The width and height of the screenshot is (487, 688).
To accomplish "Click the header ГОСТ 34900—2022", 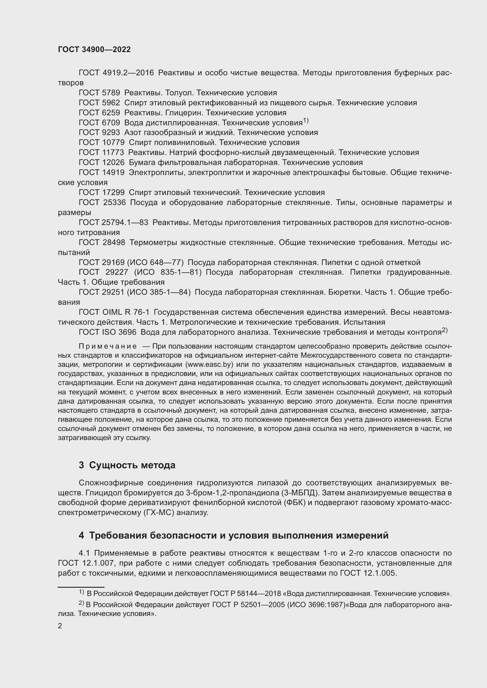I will click(94, 50).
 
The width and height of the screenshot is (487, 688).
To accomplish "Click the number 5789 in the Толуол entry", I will click(111, 93).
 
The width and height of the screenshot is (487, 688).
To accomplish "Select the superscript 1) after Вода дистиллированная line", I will click(306, 121).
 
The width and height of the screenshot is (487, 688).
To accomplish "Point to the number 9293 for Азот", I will click(111, 133).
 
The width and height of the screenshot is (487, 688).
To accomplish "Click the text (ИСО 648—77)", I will click(155, 263).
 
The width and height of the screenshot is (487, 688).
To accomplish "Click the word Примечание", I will click(108, 347).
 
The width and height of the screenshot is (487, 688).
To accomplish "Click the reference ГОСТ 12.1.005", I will click(368, 573).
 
